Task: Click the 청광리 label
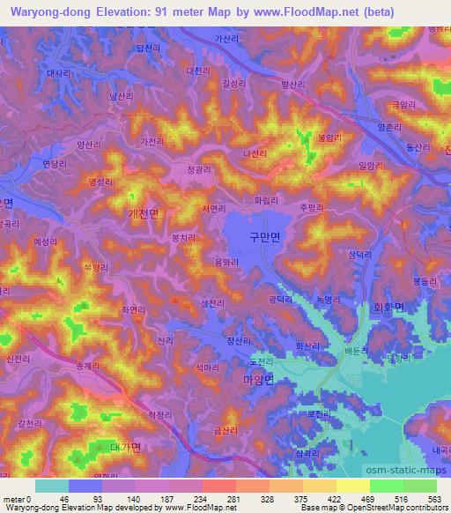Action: [x=201, y=167]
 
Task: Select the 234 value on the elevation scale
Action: [x=201, y=498]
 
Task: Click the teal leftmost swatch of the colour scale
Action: [x=51, y=485]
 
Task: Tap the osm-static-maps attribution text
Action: [x=403, y=460]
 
